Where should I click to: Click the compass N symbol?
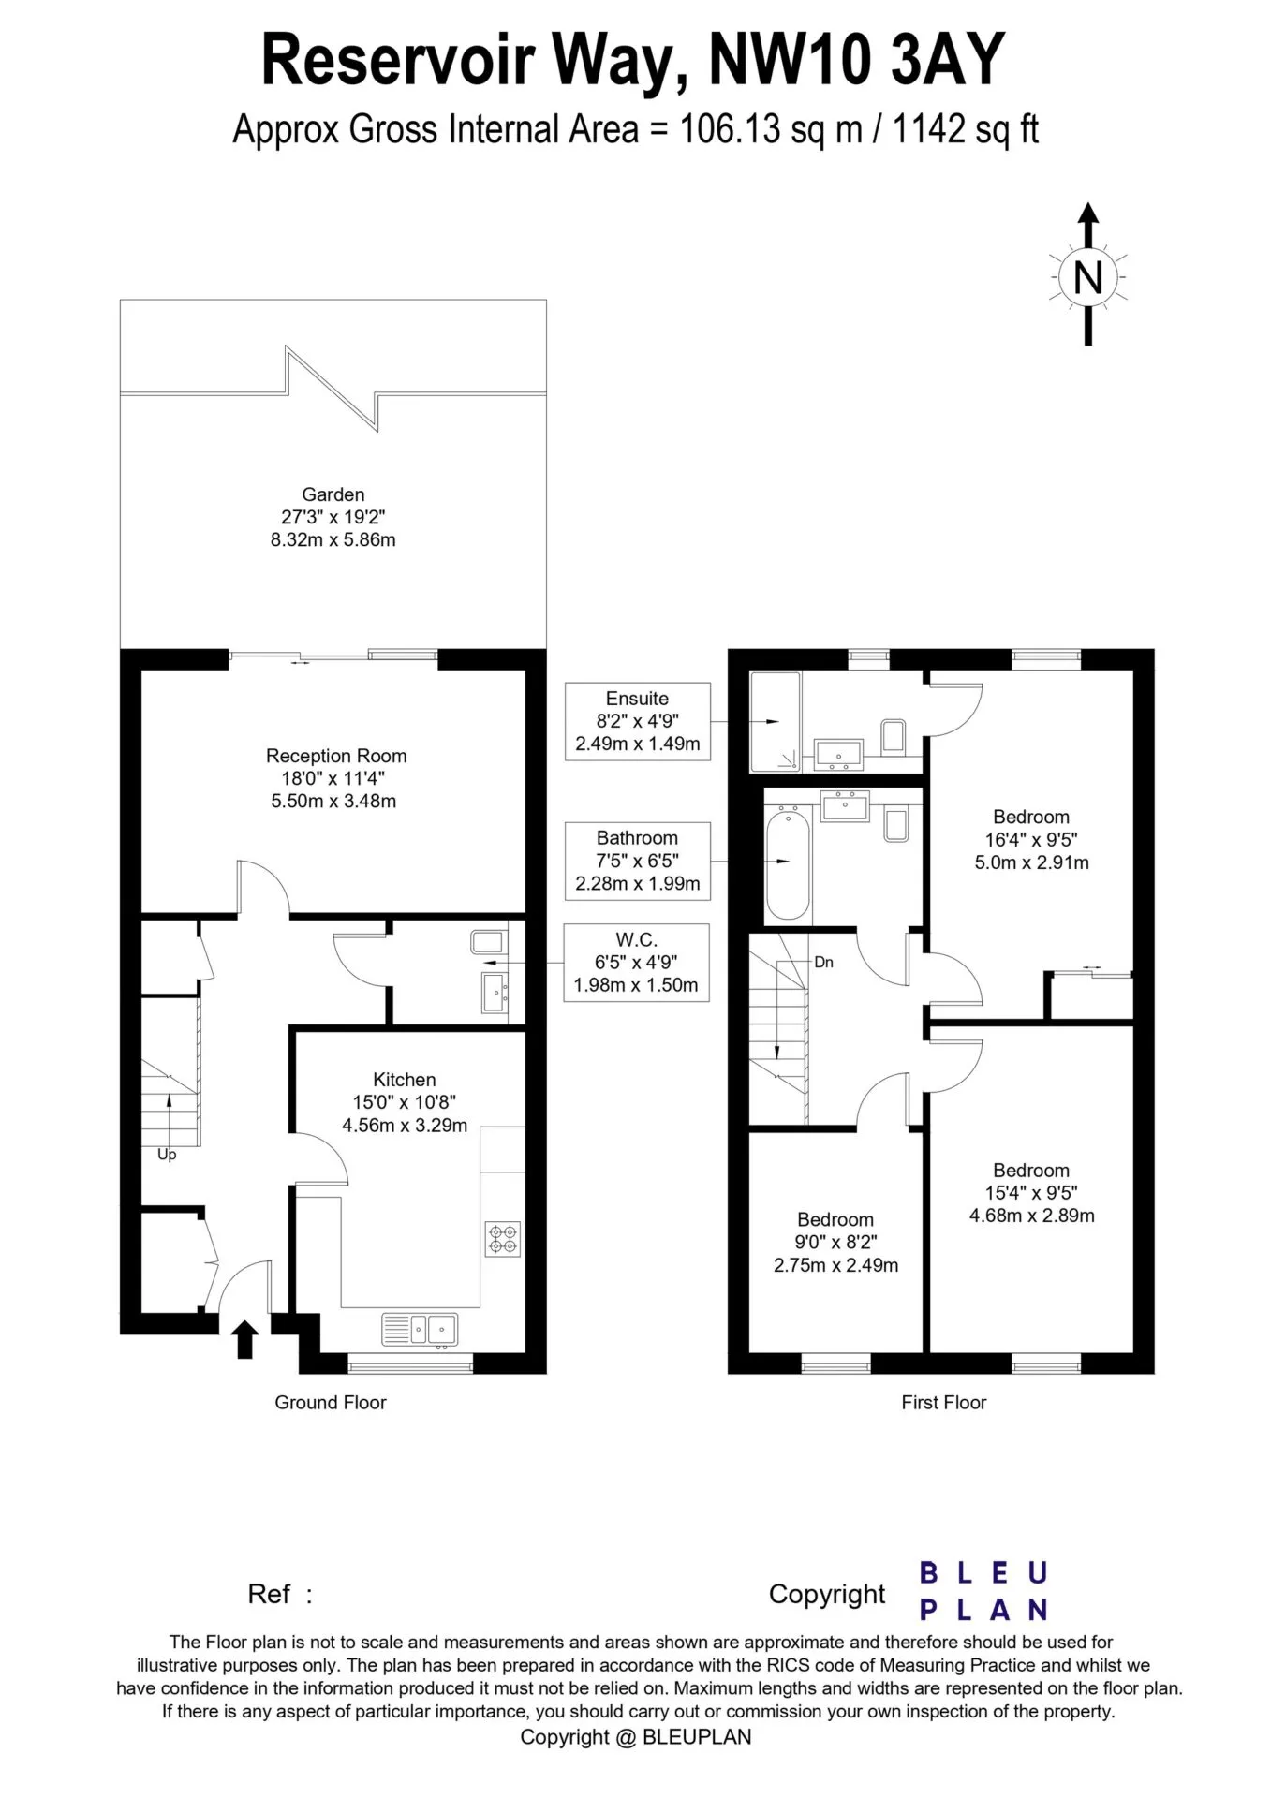tap(1087, 277)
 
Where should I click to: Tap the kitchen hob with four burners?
tap(502, 1239)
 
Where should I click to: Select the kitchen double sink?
tap(421, 1329)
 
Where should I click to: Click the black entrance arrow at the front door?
tap(244, 1339)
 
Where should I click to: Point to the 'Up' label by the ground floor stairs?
tap(167, 1155)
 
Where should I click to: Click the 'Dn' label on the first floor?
tap(823, 962)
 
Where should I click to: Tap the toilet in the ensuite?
tap(894, 736)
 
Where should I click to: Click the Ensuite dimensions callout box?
tap(638, 721)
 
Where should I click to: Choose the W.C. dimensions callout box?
tap(636, 963)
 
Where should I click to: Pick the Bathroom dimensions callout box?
tap(638, 861)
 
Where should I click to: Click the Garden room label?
tap(333, 494)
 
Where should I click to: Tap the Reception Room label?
tap(336, 756)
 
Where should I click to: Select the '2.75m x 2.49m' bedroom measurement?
tap(835, 1266)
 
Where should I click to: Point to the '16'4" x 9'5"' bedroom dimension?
tap(1031, 840)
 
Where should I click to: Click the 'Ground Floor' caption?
tap(331, 1402)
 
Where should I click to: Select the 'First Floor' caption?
tap(944, 1402)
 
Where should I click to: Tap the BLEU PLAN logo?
tap(983, 1591)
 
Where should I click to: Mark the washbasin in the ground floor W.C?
tap(495, 993)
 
